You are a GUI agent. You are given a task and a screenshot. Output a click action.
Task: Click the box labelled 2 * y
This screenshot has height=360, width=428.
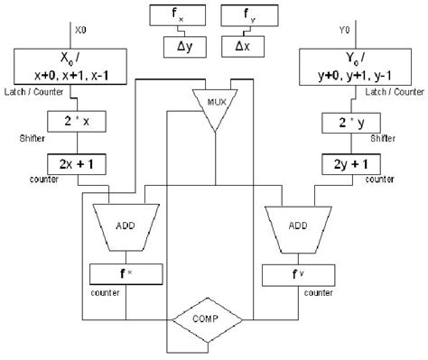click(351, 125)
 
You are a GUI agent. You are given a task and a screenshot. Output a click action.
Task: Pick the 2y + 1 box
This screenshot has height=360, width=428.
click(351, 166)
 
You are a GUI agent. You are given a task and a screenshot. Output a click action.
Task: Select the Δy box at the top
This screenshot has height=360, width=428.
click(176, 44)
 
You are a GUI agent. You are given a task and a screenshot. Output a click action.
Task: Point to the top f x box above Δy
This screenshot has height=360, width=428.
click(176, 15)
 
